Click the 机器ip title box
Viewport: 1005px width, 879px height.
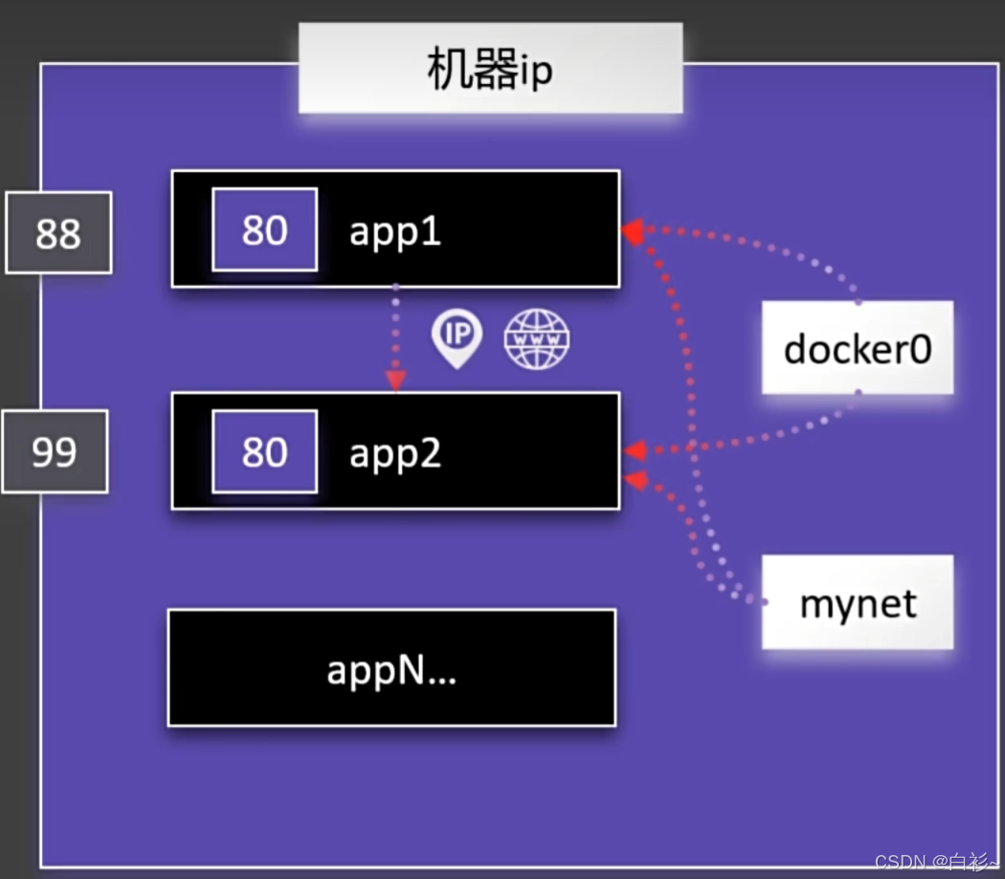coord(490,69)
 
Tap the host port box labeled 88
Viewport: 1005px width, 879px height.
coord(58,232)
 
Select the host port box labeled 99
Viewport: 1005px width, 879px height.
coord(56,451)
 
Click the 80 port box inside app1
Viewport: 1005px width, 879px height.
coord(265,230)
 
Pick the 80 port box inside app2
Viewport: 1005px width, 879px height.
coord(265,451)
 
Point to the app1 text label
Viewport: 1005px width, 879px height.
coord(394,231)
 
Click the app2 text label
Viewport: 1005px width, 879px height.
coord(394,453)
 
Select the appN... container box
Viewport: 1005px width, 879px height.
coord(392,668)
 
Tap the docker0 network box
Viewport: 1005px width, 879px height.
coord(858,347)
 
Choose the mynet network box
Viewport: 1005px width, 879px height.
coord(858,603)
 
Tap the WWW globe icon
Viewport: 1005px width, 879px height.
coord(536,339)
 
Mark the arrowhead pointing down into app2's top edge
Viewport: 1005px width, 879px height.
coord(395,381)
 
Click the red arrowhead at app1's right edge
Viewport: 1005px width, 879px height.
coord(633,231)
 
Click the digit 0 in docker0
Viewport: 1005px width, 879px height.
coord(921,350)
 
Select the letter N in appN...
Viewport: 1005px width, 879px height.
coord(411,670)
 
